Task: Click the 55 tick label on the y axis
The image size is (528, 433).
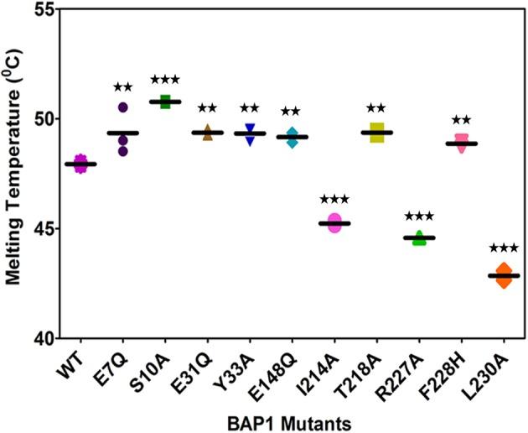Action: pyautogui.click(x=43, y=9)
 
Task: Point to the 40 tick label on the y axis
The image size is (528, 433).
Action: pyautogui.click(x=43, y=338)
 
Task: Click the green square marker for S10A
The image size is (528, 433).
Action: pyautogui.click(x=165, y=102)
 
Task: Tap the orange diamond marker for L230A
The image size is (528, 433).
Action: pyautogui.click(x=504, y=275)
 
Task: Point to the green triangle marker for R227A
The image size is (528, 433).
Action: pyautogui.click(x=419, y=238)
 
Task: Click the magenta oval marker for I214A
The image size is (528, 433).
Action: pyautogui.click(x=334, y=223)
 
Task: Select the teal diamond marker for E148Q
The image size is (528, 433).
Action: pyautogui.click(x=292, y=138)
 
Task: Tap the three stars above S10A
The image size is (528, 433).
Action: pyautogui.click(x=165, y=80)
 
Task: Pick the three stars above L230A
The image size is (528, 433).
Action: pyautogui.click(x=504, y=248)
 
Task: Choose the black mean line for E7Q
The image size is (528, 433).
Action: pyautogui.click(x=122, y=133)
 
